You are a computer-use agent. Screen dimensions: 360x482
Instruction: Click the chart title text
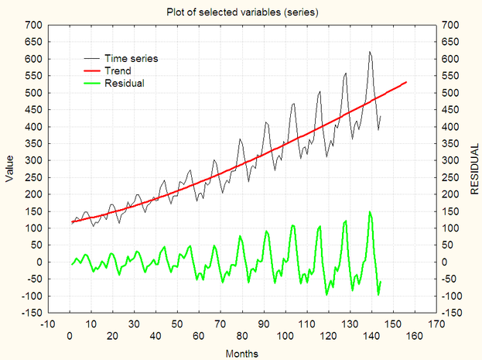point(241,12)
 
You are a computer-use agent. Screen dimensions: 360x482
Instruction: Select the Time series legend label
point(131,58)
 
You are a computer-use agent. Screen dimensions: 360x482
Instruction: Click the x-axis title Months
point(241,353)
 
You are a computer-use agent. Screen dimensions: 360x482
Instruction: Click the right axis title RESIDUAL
point(473,168)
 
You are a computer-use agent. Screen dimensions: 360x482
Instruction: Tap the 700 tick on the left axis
point(33,25)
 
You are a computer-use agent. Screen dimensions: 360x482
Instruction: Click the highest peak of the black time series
point(370,52)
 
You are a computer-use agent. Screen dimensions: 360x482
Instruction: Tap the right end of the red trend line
point(406,82)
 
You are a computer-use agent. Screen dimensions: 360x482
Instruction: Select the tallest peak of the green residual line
point(370,211)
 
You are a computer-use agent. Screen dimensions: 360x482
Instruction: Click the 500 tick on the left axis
point(33,92)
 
